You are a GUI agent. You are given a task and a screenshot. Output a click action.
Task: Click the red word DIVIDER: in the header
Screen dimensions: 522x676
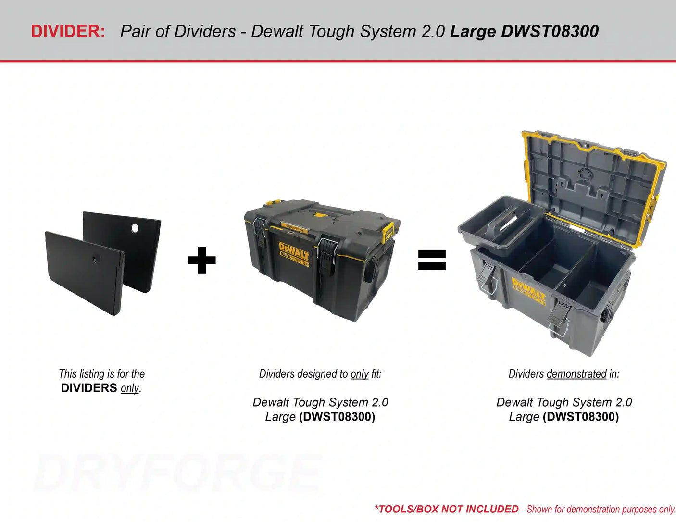pyautogui.click(x=68, y=31)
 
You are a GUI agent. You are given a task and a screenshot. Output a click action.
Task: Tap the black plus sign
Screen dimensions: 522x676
pyautogui.click(x=202, y=260)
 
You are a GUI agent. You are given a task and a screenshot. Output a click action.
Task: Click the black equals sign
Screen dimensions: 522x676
pyautogui.click(x=432, y=260)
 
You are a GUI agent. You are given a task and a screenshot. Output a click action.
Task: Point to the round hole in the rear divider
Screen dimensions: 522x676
pyautogui.click(x=135, y=228)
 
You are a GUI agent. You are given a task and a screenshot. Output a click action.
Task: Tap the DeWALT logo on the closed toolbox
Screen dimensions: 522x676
pyautogui.click(x=293, y=251)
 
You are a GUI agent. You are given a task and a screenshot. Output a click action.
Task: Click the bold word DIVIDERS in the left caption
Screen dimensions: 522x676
pyautogui.click(x=89, y=388)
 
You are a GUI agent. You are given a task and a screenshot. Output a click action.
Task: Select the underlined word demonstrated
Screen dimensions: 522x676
pyautogui.click(x=576, y=373)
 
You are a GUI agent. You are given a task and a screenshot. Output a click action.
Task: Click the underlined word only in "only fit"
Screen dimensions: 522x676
pyautogui.click(x=359, y=373)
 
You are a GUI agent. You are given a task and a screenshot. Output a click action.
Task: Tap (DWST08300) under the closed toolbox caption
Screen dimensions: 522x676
pyautogui.click(x=337, y=416)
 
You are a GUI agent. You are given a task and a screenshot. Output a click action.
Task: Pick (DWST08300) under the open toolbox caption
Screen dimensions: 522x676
pyautogui.click(x=580, y=416)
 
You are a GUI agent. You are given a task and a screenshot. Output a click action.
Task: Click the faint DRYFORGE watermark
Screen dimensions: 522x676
pyautogui.click(x=178, y=473)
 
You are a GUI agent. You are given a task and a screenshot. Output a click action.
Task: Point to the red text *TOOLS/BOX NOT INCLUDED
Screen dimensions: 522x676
pyautogui.click(x=446, y=509)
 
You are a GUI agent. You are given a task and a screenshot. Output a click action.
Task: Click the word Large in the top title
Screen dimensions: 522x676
pyautogui.click(x=473, y=31)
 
